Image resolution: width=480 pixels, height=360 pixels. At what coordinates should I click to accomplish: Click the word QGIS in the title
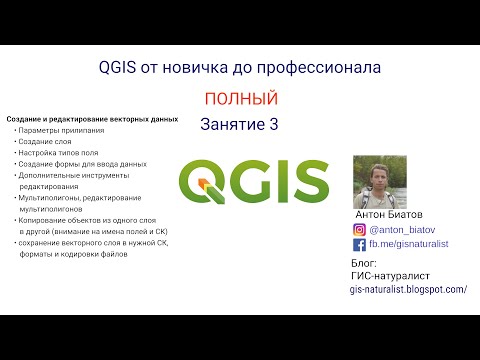pos(121,68)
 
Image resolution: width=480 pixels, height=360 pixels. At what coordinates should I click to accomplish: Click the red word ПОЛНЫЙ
pos(239,99)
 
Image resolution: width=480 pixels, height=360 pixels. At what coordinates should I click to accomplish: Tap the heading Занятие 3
pos(239,125)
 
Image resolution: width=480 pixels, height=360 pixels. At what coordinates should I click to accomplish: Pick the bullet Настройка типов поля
pos(56,152)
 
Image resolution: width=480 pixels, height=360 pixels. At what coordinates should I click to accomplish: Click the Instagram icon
pos(360,229)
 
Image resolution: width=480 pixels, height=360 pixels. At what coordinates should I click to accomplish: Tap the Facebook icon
pos(360,244)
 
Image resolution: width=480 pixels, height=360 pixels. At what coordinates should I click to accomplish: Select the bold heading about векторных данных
pos(92,119)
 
